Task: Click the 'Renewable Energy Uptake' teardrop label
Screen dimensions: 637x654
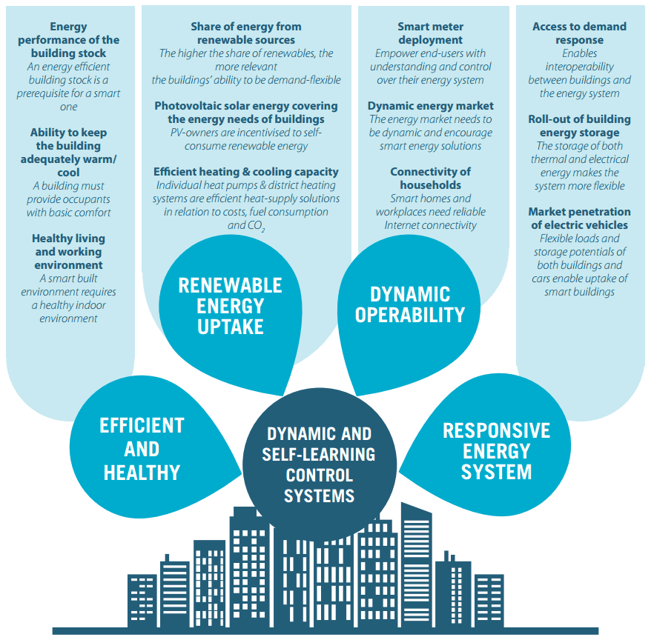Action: tap(231, 306)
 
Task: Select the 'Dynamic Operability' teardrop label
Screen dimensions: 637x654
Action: tap(409, 304)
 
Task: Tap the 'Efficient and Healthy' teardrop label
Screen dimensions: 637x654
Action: tap(142, 448)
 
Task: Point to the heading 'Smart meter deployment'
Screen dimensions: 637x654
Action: tap(430, 33)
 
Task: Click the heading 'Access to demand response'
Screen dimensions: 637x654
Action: tap(579, 33)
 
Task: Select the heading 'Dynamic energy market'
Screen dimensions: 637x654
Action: tap(430, 106)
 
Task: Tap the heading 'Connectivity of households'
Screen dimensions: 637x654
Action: tap(430, 179)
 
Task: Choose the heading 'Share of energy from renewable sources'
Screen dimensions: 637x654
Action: tap(246, 33)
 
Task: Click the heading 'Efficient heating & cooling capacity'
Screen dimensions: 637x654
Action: tap(245, 172)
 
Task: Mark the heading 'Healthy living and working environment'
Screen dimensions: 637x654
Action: tap(68, 252)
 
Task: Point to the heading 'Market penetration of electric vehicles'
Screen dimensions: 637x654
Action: tap(579, 219)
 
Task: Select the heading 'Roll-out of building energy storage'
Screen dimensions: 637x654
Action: tap(579, 126)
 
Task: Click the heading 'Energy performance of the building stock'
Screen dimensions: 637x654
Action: tap(68, 40)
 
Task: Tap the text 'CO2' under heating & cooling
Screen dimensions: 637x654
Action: tap(256, 226)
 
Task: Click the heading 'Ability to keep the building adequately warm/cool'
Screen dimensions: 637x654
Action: tap(68, 153)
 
